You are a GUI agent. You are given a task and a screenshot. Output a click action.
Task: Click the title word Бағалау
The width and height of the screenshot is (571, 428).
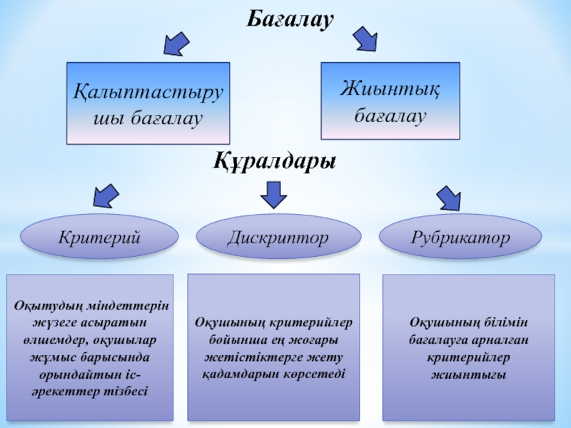pyautogui.click(x=290, y=20)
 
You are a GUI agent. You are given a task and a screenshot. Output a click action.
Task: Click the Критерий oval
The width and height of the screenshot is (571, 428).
pyautogui.click(x=99, y=237)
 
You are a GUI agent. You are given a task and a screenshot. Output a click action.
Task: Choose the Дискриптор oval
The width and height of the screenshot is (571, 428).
pyautogui.click(x=278, y=237)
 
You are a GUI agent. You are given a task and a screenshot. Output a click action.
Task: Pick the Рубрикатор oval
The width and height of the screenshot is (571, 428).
pyautogui.click(x=460, y=237)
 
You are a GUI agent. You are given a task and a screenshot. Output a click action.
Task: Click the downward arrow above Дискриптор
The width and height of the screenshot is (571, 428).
pyautogui.click(x=273, y=193)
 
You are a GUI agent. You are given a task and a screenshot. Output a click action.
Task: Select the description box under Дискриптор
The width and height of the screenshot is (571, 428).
pyautogui.click(x=273, y=347)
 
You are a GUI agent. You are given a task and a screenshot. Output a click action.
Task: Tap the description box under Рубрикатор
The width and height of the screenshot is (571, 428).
pyautogui.click(x=468, y=347)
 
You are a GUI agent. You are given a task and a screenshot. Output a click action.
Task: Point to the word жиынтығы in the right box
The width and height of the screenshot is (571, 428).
pyautogui.click(x=468, y=374)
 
